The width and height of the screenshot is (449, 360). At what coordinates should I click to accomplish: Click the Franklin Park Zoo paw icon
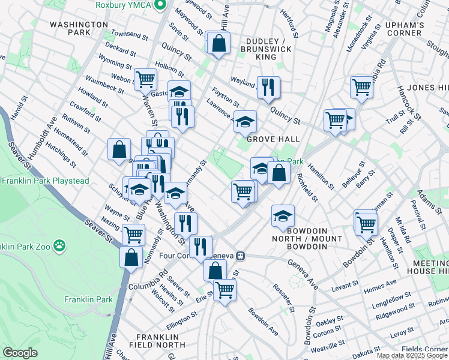pos(59,245)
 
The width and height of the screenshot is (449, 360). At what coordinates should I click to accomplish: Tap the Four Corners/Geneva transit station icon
pos(240,256)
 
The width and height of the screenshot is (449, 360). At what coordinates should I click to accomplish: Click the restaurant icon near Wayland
pos(268,87)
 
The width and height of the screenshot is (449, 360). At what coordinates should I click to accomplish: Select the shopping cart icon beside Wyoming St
pos(145,79)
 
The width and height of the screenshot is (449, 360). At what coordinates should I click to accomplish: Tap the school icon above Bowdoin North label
pos(283,216)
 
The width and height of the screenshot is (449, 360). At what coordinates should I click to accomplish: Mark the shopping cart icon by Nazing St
pos(133,234)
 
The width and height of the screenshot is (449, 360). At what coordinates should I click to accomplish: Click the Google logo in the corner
pos(20,353)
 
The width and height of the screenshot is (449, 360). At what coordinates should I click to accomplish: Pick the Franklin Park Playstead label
pos(45,181)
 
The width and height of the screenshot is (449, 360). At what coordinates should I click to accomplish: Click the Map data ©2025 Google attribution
pos(412,355)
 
